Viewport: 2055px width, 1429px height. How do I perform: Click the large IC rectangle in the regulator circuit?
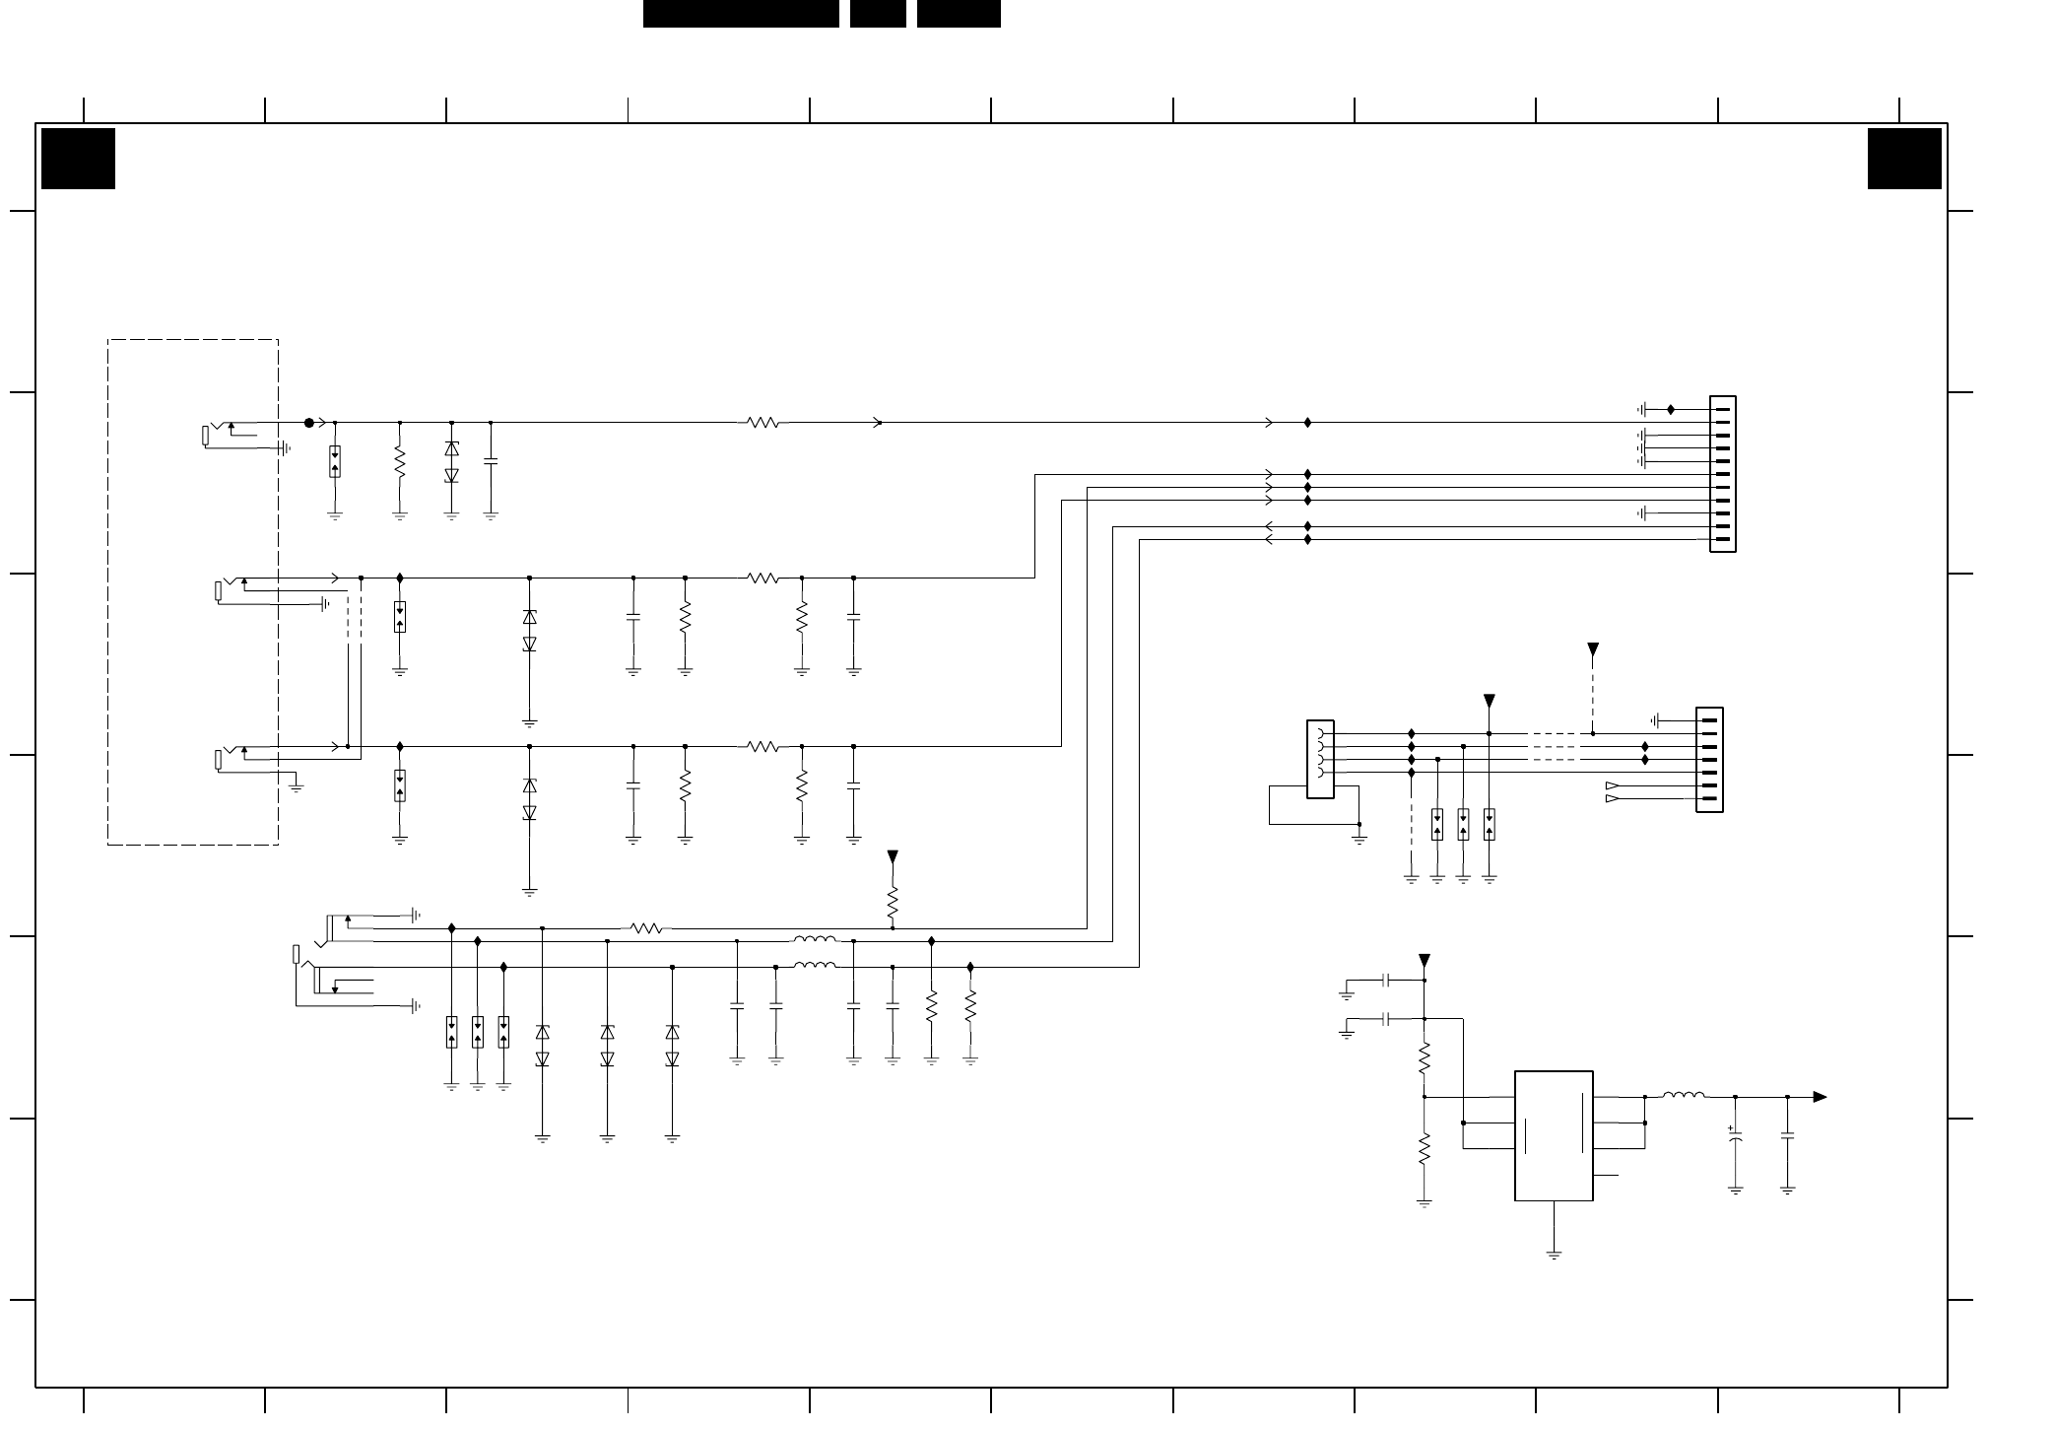(x=1554, y=1135)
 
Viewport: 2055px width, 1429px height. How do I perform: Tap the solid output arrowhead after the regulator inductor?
(x=1820, y=1097)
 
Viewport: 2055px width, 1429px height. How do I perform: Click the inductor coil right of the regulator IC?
(x=1684, y=1095)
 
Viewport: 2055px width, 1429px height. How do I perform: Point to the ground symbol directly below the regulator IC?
(x=1554, y=1255)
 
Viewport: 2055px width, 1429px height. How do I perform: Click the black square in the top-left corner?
(x=78, y=158)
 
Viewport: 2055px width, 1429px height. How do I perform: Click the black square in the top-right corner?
(x=1904, y=158)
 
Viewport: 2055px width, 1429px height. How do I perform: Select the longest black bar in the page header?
(x=741, y=14)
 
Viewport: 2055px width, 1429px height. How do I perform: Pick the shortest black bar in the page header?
(x=878, y=14)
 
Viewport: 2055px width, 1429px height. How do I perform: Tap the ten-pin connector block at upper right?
(x=1723, y=474)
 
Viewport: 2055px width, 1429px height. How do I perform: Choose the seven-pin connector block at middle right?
(x=1709, y=760)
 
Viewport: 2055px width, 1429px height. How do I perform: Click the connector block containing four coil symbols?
(x=1320, y=759)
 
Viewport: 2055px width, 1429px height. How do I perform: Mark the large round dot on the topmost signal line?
(x=308, y=423)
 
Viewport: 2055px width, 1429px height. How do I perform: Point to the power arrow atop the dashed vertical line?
(x=1593, y=649)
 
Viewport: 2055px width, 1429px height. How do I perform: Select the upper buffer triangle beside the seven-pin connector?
(x=1613, y=785)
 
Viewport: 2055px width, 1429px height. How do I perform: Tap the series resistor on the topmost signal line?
(x=763, y=423)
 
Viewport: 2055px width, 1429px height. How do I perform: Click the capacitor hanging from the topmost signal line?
(x=491, y=460)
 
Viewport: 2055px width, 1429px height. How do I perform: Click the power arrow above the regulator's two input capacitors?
(x=1424, y=961)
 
